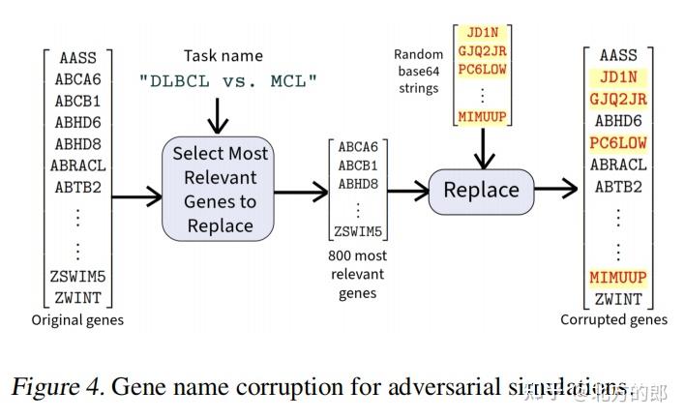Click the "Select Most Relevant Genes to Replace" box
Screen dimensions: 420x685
[221, 190]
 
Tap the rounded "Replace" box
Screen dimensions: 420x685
[481, 190]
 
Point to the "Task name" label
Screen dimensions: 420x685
[223, 56]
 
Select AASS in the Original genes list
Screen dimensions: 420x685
[77, 58]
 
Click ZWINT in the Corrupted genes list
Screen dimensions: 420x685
[619, 299]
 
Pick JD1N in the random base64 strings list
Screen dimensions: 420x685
[481, 32]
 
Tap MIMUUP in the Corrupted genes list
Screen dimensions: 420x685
[618, 278]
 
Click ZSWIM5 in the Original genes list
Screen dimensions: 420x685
[77, 278]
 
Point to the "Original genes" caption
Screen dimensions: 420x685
[77, 320]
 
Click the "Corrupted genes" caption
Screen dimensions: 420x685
[613, 320]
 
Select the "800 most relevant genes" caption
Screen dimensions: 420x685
[358, 274]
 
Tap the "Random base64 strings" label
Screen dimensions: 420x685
[418, 71]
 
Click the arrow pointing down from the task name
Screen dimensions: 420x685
[220, 116]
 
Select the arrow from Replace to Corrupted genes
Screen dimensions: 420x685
[556, 190]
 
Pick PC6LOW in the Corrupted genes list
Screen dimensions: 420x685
[618, 143]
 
